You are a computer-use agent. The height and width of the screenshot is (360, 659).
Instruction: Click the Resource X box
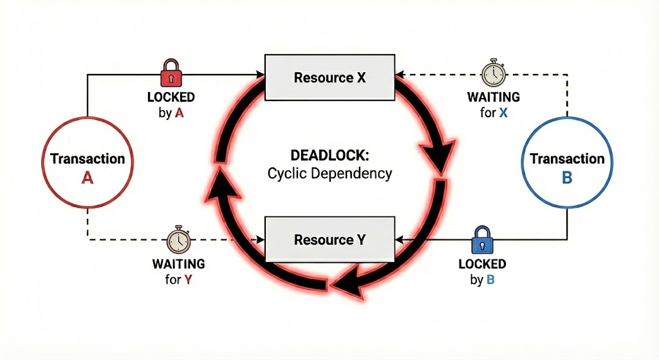pos(329,78)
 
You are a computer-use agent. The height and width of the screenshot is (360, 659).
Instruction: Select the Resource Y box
pos(329,240)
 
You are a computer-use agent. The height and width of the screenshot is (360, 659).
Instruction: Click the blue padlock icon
pos(481,240)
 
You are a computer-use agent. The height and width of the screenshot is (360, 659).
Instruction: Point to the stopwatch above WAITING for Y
pos(178,240)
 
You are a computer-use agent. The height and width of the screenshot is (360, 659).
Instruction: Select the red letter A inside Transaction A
pos(88,179)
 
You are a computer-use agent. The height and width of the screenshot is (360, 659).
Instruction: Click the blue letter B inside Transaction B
pos(567,178)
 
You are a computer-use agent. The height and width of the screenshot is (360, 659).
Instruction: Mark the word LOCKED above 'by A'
pos(171,98)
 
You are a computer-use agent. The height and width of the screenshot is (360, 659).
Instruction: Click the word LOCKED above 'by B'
pos(482,264)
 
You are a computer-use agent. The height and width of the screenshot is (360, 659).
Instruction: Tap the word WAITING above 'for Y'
pos(178,264)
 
